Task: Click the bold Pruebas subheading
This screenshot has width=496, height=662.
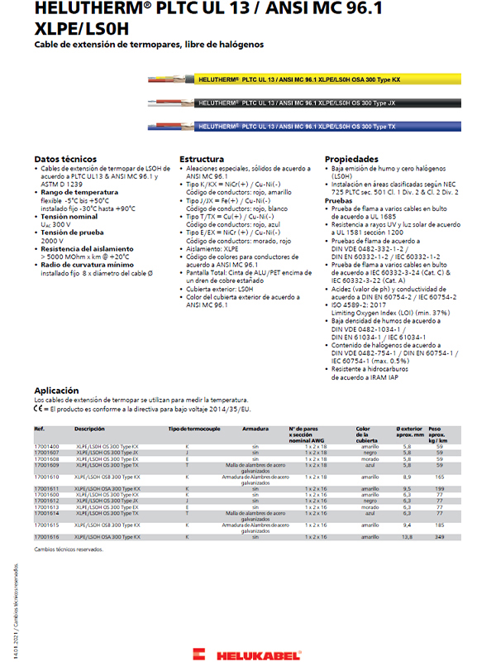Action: click(338, 200)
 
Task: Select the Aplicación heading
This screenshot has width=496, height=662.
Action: click(56, 390)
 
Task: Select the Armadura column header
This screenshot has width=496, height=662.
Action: click(255, 429)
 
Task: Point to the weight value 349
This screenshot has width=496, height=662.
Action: click(440, 537)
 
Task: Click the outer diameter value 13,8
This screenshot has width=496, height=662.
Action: click(407, 537)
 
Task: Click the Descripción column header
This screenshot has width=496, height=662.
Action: click(89, 429)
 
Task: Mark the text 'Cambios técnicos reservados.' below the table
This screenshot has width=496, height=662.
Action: click(68, 549)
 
